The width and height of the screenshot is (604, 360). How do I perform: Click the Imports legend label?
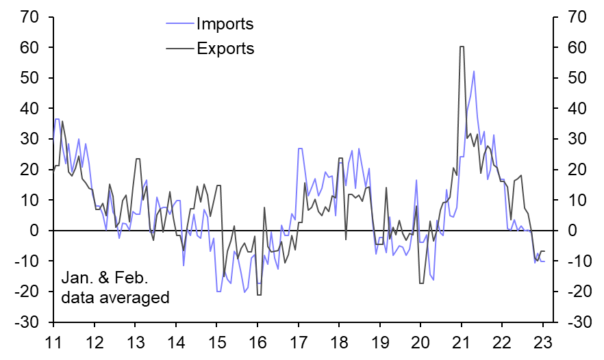pos(225,25)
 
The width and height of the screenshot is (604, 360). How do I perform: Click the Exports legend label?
pos(225,49)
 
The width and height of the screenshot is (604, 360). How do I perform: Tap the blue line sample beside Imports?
pos(179,25)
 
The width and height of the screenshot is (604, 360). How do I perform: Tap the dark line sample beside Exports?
pos(179,49)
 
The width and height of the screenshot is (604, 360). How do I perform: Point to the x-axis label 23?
pos(543,343)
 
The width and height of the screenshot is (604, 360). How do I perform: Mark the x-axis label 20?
pos(420,343)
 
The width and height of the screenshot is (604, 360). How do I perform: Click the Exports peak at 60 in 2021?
pos(462,47)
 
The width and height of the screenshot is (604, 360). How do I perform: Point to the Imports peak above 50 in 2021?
pos(473,71)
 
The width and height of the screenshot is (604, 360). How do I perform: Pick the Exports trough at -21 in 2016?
pos(259,295)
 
